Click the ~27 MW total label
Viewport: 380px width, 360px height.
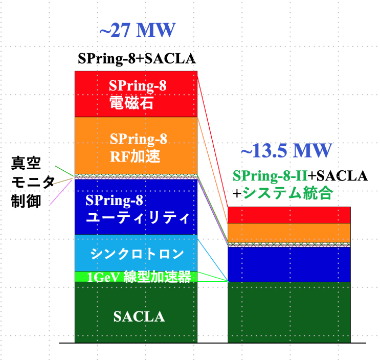(x=138, y=30)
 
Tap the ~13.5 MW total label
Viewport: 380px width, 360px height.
(x=286, y=150)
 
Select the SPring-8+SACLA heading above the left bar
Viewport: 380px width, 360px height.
(x=137, y=59)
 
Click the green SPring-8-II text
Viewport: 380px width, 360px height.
(x=270, y=176)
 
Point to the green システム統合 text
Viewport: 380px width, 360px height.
(x=288, y=193)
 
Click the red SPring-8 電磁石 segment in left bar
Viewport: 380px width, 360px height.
(x=136, y=94)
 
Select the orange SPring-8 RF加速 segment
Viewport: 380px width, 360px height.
(x=136, y=146)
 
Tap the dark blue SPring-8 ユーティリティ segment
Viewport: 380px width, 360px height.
(x=136, y=207)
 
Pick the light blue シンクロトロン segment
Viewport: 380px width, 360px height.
(x=136, y=253)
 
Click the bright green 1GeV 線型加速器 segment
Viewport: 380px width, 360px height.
(x=136, y=277)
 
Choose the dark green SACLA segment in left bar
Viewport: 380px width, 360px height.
(x=136, y=312)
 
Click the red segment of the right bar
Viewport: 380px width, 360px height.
(x=289, y=215)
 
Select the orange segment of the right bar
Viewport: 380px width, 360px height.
(x=289, y=233)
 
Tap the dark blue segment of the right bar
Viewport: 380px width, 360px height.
(x=289, y=264)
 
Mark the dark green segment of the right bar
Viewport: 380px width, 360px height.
(x=289, y=312)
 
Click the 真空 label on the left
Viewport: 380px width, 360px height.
(x=26, y=163)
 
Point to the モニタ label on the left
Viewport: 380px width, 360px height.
(x=33, y=182)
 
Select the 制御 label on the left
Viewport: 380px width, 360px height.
(x=26, y=201)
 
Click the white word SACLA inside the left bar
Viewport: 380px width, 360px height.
(x=139, y=317)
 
